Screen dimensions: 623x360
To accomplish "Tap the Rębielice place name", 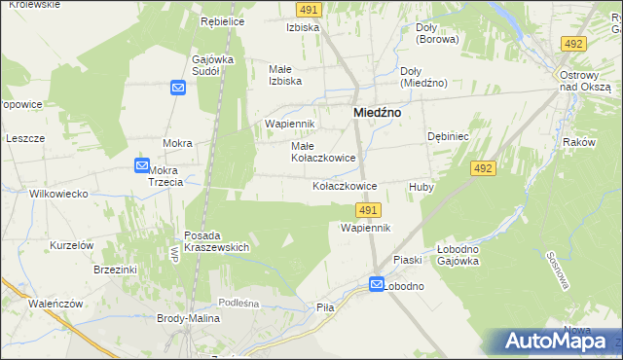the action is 222,21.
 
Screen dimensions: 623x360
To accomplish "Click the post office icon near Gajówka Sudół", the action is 178,89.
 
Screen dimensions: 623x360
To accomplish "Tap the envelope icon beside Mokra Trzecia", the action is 142,166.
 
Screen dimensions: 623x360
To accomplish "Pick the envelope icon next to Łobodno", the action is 377,284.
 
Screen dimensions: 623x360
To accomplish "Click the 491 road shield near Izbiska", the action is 308,9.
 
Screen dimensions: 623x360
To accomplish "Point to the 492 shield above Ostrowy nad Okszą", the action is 573,44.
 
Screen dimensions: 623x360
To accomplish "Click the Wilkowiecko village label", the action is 59,194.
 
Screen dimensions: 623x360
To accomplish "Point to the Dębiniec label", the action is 449,137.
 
